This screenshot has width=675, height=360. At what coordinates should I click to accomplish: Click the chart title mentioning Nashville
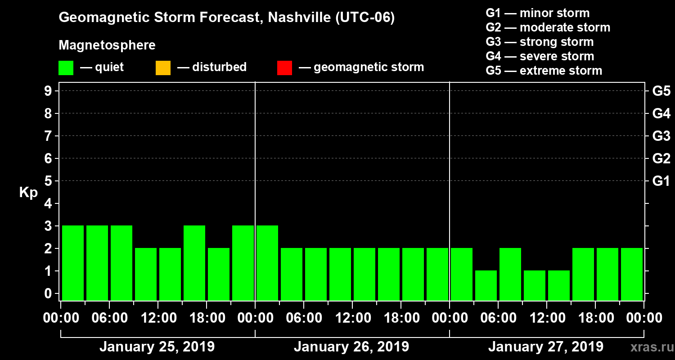pyautogui.click(x=226, y=18)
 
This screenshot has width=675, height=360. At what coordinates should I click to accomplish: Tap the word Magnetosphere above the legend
pyautogui.click(x=107, y=45)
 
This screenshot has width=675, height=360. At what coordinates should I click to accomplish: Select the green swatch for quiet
pyautogui.click(x=66, y=67)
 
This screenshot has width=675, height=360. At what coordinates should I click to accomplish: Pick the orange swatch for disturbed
pyautogui.click(x=163, y=67)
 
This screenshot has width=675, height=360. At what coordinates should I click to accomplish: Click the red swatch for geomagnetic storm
pyautogui.click(x=284, y=67)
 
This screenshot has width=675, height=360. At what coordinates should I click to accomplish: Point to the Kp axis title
pyautogui.click(x=28, y=193)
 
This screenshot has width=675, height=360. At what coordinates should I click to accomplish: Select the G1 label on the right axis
pyautogui.click(x=661, y=181)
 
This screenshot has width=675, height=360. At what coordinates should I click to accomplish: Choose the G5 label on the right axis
pyautogui.click(x=661, y=91)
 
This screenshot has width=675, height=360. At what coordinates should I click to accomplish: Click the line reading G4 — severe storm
pyautogui.click(x=540, y=56)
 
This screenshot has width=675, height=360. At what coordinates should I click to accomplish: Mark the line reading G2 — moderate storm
pyautogui.click(x=548, y=27)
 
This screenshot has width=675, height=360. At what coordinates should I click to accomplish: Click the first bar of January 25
pyautogui.click(x=73, y=263)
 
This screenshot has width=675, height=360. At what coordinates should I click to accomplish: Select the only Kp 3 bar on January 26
pyautogui.click(x=267, y=263)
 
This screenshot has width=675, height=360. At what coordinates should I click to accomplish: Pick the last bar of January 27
pyautogui.click(x=632, y=274)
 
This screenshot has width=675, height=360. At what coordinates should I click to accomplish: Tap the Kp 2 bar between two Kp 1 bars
pyautogui.click(x=510, y=274)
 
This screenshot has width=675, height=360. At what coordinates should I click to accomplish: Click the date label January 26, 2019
pyautogui.click(x=351, y=347)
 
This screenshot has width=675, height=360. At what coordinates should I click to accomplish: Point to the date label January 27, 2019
pyautogui.click(x=546, y=347)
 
